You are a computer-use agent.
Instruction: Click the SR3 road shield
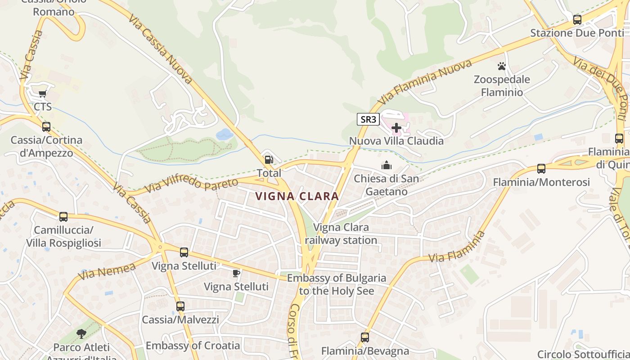tap(368, 119)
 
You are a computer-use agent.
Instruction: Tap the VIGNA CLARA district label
tap(297, 196)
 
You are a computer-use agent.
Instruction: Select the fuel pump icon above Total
tap(269, 160)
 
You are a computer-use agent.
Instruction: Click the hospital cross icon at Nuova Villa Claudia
tap(396, 128)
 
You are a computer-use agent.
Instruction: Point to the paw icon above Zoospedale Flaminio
tap(502, 67)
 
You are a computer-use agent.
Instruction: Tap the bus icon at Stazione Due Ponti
tap(577, 20)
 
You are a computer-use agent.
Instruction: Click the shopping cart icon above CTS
tap(42, 94)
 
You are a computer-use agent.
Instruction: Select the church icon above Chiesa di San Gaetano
tap(386, 166)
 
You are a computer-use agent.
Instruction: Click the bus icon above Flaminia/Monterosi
tap(541, 169)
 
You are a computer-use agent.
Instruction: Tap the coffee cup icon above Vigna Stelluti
tap(236, 273)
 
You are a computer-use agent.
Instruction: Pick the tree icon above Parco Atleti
tap(81, 334)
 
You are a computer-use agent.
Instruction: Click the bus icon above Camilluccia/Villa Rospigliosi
tap(63, 217)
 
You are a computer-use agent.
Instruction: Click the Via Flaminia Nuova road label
tap(425, 81)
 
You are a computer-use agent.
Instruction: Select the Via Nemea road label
tap(107, 271)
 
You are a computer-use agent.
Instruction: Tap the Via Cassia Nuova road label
tap(160, 49)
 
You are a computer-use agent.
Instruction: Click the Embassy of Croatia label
tap(193, 346)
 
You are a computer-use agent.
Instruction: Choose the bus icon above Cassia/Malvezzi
tap(180, 306)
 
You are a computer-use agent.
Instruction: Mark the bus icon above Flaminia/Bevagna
tap(365, 337)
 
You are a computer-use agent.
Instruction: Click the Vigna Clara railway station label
tap(341, 234)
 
